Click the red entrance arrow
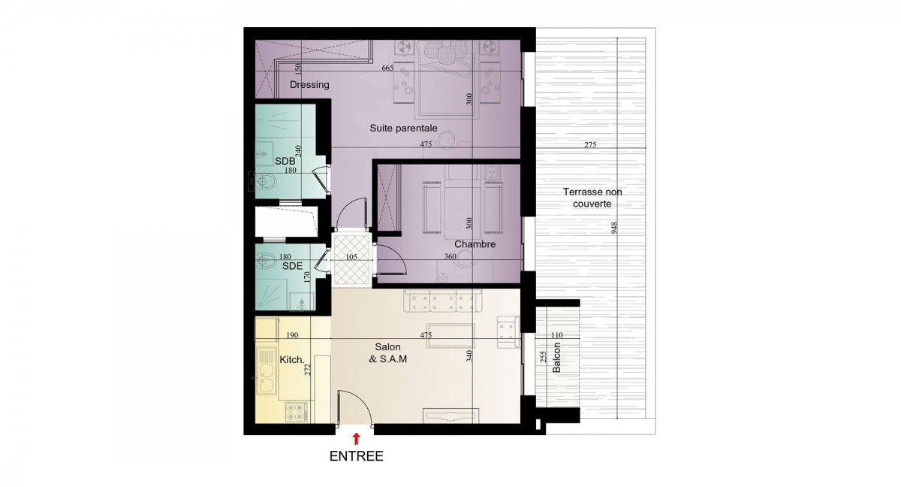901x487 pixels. pos(356,438)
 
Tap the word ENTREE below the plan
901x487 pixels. pos(357,456)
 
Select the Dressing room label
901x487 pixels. pos(309,85)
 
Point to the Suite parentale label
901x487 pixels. pos(403,129)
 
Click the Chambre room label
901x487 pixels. pos(475,244)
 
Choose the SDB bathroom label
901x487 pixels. pos(285,161)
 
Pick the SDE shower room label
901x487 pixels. pos(292,266)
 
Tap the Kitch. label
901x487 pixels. pos(292,360)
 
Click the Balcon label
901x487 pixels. pos(556,358)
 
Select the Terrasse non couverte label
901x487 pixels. pos(592,198)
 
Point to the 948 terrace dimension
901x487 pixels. pos(614,228)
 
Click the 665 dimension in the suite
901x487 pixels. pos(387,68)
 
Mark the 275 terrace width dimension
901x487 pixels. pos(590,145)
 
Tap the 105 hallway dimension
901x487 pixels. pos(351,257)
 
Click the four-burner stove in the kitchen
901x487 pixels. pos(297,412)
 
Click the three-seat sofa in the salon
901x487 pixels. pos(443,301)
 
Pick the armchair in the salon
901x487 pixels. pos(508,332)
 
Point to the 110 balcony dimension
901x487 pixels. pos(557,335)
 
